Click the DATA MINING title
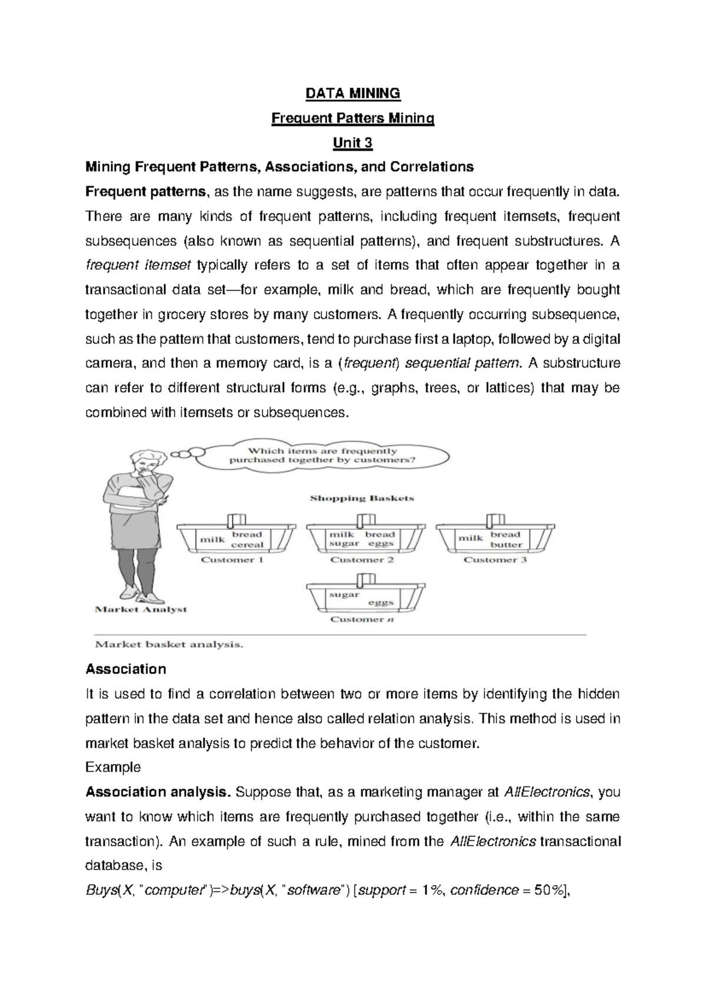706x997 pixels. click(352, 93)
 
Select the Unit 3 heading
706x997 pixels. click(352, 143)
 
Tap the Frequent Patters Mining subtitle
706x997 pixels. click(352, 118)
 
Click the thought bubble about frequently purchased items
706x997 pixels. click(322, 456)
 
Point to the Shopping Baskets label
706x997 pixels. click(362, 498)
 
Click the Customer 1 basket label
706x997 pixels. click(232, 560)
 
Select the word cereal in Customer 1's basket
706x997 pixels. click(247, 545)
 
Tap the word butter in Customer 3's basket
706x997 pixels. click(506, 545)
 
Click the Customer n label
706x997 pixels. click(362, 619)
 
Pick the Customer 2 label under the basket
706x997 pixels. click(362, 560)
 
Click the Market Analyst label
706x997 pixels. click(141, 610)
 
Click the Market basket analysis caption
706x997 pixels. click(169, 644)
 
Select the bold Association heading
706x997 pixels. click(126, 669)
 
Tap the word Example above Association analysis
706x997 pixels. click(113, 767)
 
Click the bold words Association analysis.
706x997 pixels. click(158, 792)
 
